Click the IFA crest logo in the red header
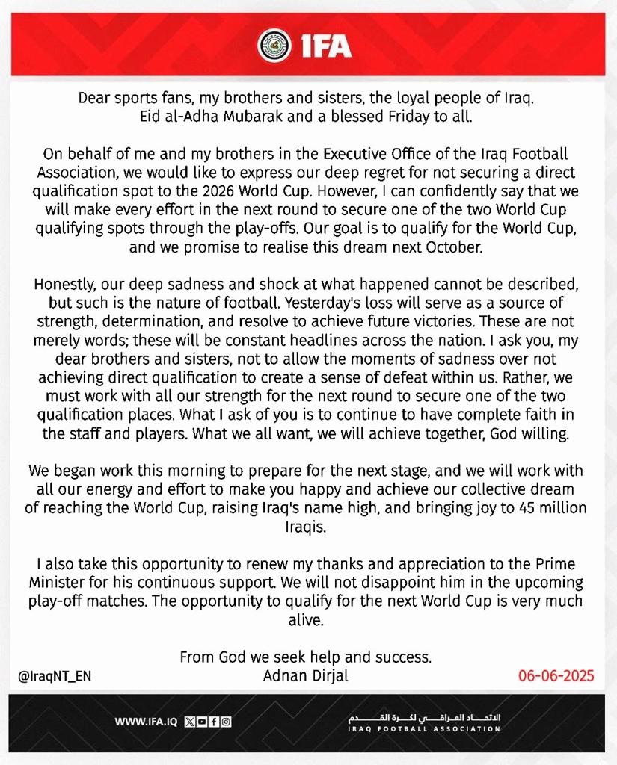point(270,46)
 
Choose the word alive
point(307,619)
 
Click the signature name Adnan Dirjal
point(306,675)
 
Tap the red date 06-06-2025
point(556,676)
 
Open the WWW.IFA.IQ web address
point(145,722)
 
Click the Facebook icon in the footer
point(214,722)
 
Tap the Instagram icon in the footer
point(226,722)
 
